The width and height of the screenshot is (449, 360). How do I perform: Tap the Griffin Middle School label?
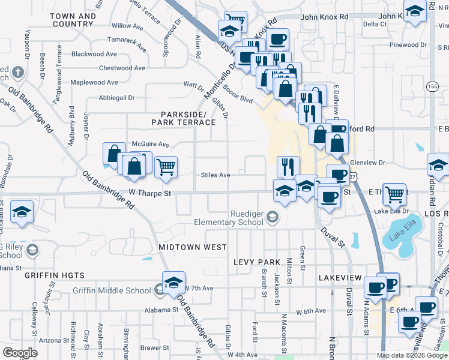coord(112,290)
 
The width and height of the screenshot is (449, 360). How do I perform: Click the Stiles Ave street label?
coord(215,175)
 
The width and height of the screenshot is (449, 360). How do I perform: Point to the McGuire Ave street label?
coord(151,144)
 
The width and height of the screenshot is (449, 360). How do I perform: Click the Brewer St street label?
coord(154,347)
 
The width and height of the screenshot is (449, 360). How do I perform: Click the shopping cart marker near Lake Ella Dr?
coord(394,193)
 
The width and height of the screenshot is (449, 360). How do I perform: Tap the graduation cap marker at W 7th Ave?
coord(173,281)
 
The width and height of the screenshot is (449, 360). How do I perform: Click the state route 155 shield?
coord(432,86)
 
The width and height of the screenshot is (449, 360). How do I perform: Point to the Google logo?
coord(20,353)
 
